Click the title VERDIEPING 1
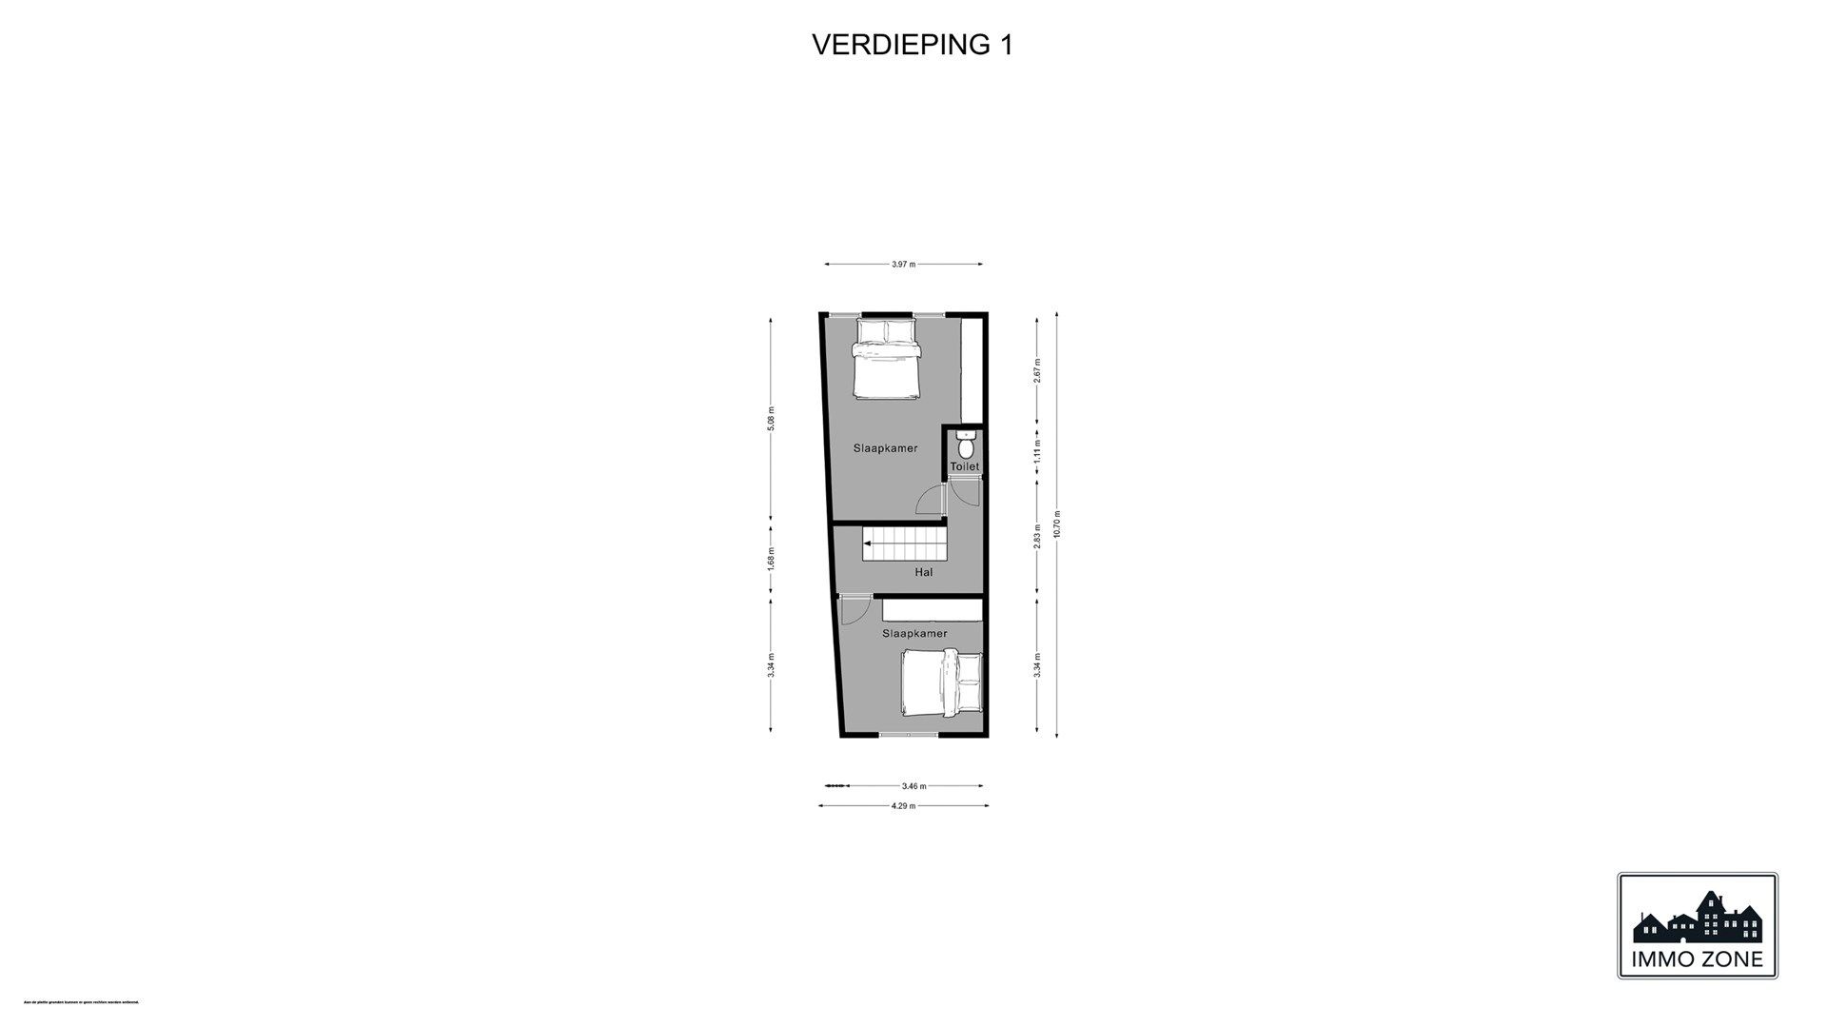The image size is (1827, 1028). click(912, 45)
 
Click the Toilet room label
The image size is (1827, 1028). click(964, 467)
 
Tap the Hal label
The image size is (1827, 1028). click(923, 572)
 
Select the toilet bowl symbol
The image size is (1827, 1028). click(966, 445)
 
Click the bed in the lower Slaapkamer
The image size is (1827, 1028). click(940, 683)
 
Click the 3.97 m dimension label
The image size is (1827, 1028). click(903, 265)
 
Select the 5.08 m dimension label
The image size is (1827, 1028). click(771, 419)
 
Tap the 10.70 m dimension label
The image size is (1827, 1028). click(1056, 524)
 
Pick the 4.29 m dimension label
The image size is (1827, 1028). click(903, 805)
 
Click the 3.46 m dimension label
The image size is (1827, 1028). click(913, 786)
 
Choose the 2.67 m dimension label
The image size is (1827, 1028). click(1038, 369)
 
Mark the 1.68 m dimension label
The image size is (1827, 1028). click(771, 558)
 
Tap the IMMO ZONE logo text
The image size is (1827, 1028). click(1697, 959)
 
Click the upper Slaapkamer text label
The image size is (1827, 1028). click(885, 447)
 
